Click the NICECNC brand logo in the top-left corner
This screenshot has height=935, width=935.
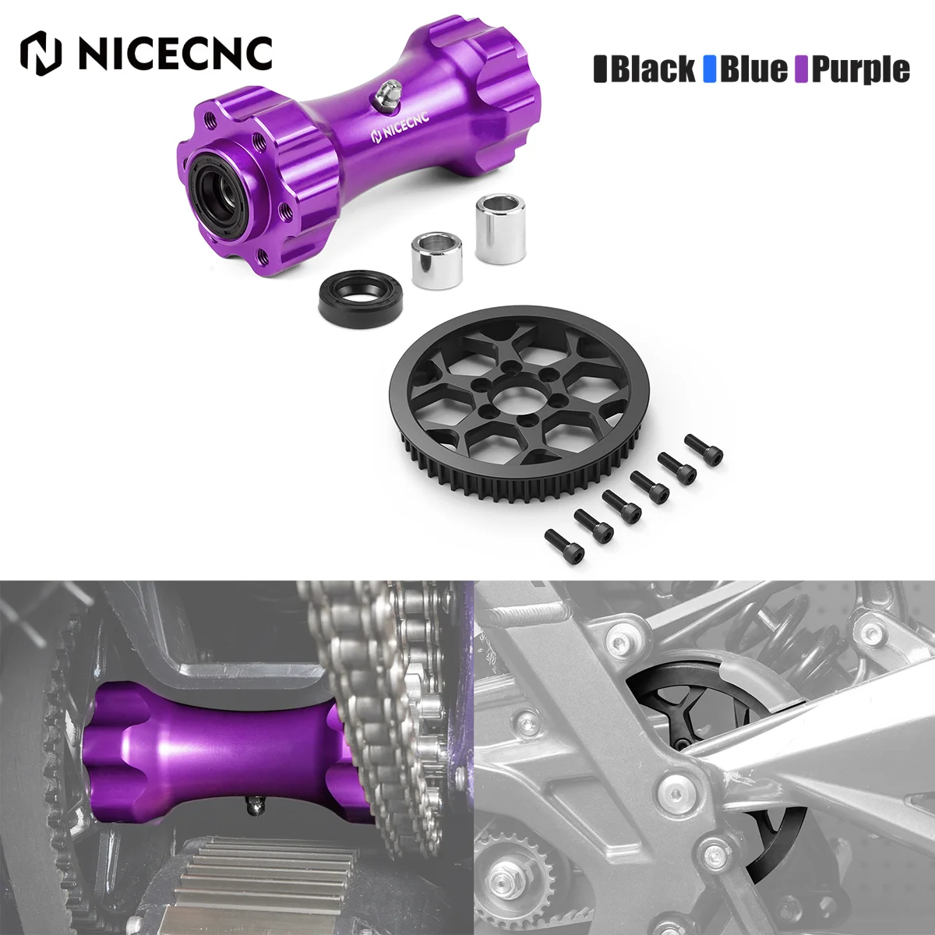pyautogui.click(x=146, y=51)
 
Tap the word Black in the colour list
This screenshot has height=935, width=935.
pyautogui.click(x=652, y=69)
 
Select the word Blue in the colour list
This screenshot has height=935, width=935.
pyautogui.click(x=753, y=69)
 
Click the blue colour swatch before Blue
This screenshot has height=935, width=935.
pyautogui.click(x=709, y=69)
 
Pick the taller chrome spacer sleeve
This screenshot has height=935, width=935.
pyautogui.click(x=485, y=242)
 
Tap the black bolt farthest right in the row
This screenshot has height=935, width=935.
pyautogui.click(x=704, y=449)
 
